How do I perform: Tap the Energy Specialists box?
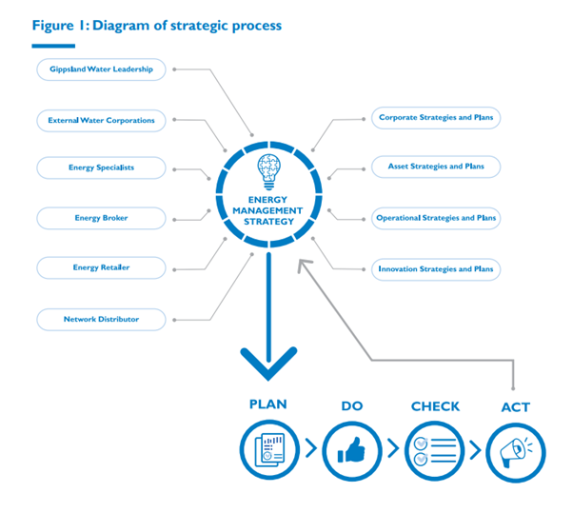click(x=101, y=168)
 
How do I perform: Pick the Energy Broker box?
click(x=101, y=218)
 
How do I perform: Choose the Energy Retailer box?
click(x=101, y=267)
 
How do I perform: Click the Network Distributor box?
click(x=101, y=319)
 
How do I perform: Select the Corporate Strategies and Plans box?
click(x=436, y=118)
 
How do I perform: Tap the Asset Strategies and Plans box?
click(x=436, y=167)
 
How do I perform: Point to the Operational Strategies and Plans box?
click(x=436, y=218)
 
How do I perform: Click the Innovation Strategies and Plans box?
click(x=436, y=269)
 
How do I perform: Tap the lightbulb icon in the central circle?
click(x=269, y=172)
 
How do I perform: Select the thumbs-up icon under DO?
click(x=351, y=447)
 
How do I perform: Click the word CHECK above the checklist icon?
click(x=435, y=406)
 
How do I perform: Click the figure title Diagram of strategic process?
click(x=157, y=25)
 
